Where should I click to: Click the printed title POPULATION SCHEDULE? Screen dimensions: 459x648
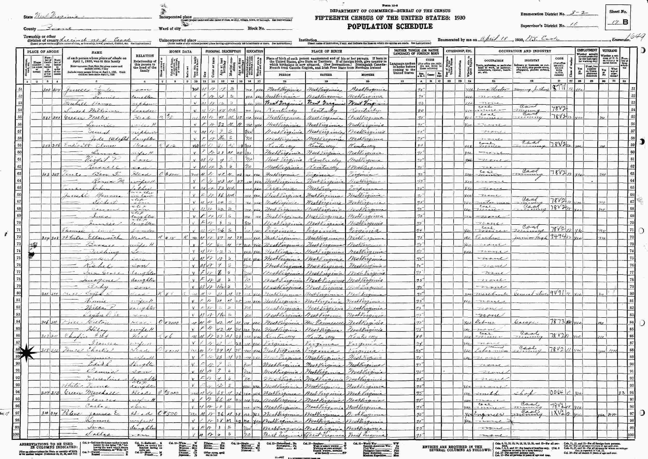pyautogui.click(x=390, y=27)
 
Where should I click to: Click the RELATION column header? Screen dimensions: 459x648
pyautogui.click(x=145, y=56)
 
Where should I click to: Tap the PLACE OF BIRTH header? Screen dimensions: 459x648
pyautogui.click(x=326, y=51)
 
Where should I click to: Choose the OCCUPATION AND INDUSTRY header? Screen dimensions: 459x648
pyautogui.click(x=525, y=51)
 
